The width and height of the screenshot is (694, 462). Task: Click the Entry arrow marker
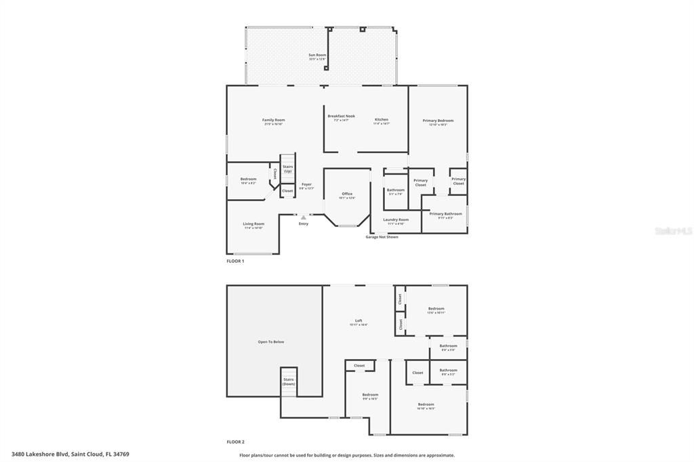pos(303,217)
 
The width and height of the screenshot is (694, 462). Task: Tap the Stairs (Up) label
pos(287,168)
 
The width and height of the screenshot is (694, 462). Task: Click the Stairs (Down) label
pos(289,381)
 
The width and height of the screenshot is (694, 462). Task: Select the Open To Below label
pos(270,341)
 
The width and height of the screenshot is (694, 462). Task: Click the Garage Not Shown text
pos(382,237)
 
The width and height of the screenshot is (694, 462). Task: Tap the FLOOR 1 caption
pos(235,261)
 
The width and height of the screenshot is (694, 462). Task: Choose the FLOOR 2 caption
pos(235,442)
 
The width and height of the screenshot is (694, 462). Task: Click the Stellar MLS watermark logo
pos(673,231)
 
